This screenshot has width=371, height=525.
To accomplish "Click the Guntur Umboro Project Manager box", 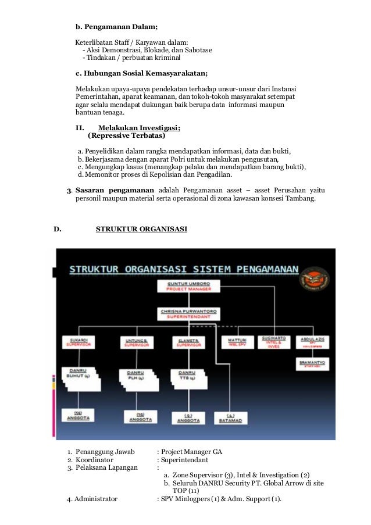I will point(183,285).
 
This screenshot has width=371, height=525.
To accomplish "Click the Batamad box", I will point(230,417).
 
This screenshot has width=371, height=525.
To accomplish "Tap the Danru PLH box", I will point(137,376).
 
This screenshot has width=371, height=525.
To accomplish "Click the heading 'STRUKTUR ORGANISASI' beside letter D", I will point(141,229).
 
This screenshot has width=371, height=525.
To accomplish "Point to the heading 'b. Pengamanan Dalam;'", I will point(117,27).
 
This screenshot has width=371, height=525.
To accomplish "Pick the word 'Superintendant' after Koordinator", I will point(185,459).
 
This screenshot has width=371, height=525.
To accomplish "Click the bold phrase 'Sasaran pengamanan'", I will point(115,190).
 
